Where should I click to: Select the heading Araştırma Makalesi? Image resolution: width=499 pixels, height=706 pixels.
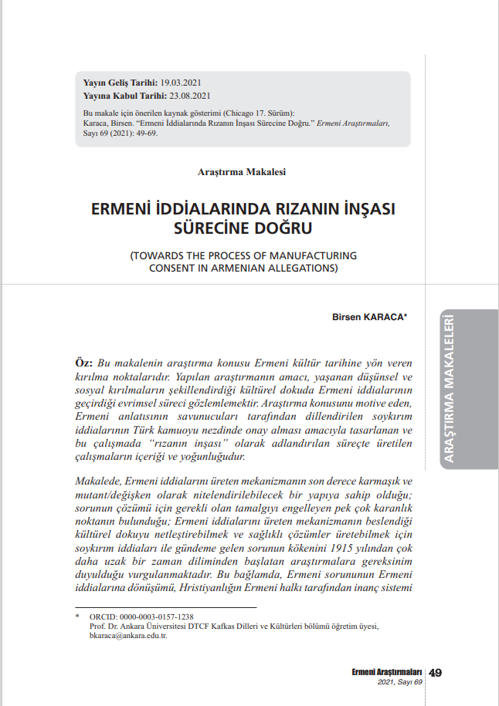242,171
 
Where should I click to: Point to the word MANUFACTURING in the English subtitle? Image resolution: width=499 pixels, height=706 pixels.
311,255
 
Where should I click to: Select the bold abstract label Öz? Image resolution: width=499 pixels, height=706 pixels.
83,362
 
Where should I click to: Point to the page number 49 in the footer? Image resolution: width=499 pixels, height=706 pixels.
435,673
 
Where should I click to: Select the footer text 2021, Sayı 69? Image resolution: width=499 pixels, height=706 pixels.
400,683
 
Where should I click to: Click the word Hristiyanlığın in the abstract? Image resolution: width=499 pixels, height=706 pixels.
219,589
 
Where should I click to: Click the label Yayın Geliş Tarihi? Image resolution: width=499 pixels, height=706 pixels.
119,82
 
